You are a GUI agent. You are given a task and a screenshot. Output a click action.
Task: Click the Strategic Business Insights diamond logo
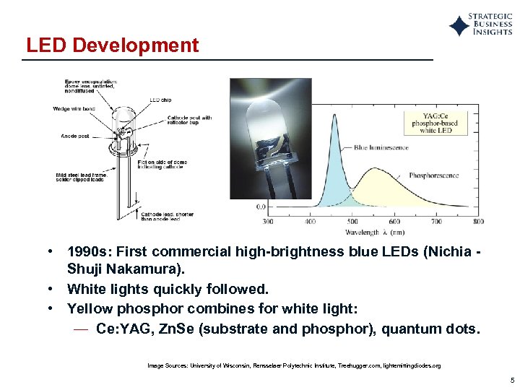(459, 27)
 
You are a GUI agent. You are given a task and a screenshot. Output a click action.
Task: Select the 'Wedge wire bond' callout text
(74, 109)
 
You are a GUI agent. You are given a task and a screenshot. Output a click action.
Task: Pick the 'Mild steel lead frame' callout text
(80, 177)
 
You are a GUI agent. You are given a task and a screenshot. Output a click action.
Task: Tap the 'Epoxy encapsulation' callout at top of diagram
(90, 87)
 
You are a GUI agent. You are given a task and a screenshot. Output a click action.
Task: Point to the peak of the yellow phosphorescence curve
(375, 170)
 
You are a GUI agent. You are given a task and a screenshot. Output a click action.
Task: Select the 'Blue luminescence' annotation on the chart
(381, 147)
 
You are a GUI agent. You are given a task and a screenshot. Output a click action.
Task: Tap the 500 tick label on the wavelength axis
(352, 221)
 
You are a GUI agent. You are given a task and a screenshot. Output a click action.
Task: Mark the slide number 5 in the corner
(511, 380)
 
